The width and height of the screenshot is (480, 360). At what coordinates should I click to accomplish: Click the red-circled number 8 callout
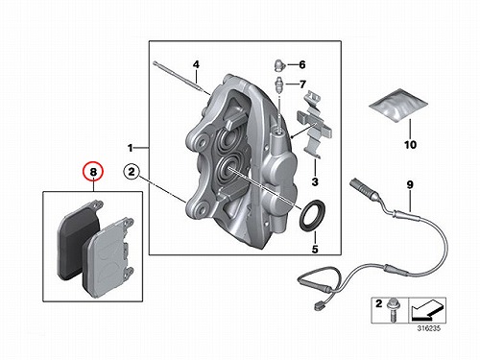coord(93,172)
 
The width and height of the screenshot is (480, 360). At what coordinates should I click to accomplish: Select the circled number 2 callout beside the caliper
coord(132,172)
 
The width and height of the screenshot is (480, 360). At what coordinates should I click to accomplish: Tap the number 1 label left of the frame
coord(130,148)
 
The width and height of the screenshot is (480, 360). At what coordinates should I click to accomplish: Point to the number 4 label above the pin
coord(196,64)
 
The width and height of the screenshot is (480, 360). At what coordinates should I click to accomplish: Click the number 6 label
coord(302,64)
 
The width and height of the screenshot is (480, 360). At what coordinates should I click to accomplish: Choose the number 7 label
coord(302,84)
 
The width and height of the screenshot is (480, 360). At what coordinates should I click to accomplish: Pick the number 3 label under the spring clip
coord(315,181)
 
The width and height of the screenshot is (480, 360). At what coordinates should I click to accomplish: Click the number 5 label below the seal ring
coord(315,249)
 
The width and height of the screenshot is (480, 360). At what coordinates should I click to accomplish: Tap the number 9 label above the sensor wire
coord(410,184)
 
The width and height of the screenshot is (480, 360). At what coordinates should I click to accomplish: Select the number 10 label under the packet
coord(410,145)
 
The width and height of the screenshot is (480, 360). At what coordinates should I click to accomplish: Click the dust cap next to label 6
coord(279,65)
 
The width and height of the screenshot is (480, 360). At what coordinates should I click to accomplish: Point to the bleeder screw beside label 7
coord(279,84)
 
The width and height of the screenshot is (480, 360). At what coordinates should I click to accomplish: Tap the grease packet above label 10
coord(398,104)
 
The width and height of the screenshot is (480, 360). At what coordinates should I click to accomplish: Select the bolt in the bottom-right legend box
coord(392,310)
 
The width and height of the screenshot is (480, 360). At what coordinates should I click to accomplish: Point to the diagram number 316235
coord(428,328)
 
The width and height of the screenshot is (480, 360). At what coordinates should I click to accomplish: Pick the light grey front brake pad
coord(108,257)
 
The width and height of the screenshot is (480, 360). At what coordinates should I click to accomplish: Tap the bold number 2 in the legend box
coord(378,303)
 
